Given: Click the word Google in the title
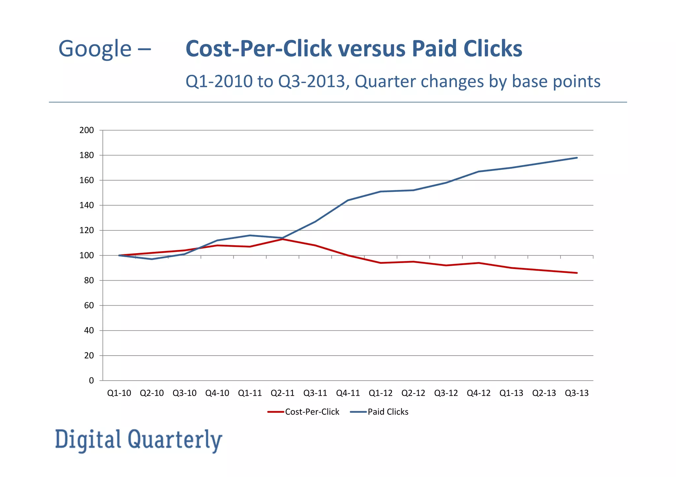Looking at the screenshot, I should point(95,49).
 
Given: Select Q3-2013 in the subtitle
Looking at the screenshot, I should point(312,81).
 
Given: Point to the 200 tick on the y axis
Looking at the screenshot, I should point(86,130).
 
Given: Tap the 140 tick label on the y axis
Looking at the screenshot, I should point(86,205).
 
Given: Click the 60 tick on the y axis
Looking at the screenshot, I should point(89,306).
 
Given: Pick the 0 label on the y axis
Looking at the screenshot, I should point(91,381).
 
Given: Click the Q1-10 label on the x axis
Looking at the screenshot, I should point(119,393).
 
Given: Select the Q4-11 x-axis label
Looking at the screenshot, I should point(348,393).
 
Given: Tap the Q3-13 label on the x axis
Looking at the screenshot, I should point(577,393).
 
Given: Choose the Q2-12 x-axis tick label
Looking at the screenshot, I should point(413,393).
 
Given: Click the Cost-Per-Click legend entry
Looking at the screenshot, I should point(304,412).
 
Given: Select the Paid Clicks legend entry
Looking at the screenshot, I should point(380,412).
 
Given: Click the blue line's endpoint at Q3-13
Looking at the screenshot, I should point(577,158).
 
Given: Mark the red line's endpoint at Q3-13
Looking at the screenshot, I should point(577,273).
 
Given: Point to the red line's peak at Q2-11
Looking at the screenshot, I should point(283,239).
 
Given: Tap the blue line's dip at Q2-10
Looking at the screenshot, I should point(152,259).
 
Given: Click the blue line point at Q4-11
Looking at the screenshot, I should point(348,200).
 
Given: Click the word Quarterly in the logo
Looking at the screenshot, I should point(175,440).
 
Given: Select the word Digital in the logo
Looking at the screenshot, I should point(88,440).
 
